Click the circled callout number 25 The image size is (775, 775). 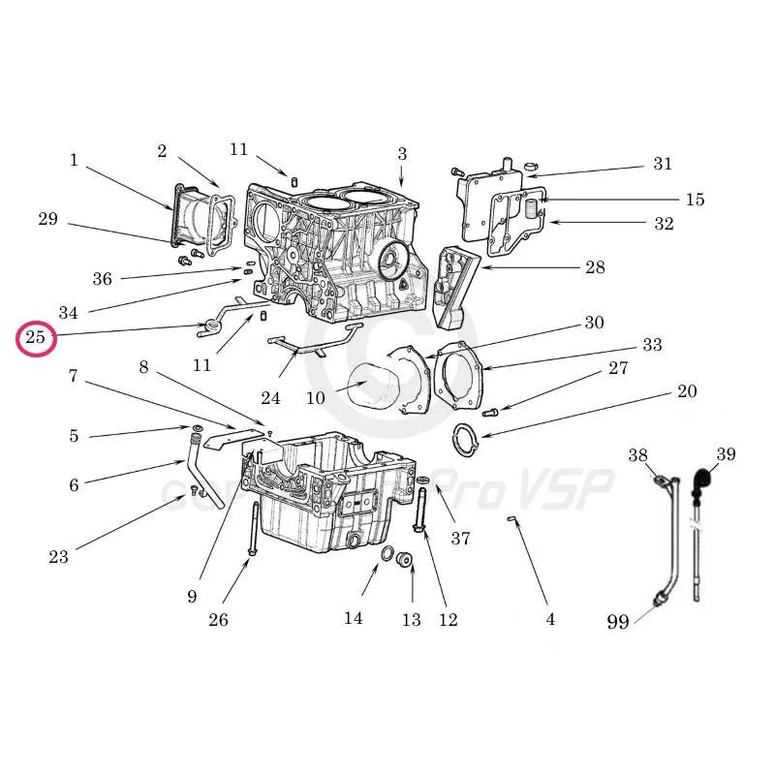tap(36, 338)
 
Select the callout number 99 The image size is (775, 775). tap(617, 622)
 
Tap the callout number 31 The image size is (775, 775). tap(662, 164)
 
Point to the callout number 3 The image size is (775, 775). tap(402, 153)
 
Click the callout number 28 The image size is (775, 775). tap(595, 267)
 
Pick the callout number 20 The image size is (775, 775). tap(686, 391)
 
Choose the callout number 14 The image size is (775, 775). tap(353, 617)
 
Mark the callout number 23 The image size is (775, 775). tap(59, 556)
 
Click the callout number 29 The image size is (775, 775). tap(47, 219)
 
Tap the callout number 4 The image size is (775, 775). tap(550, 619)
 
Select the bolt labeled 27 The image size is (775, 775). tap(490, 413)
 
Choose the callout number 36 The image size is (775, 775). tap(103, 279)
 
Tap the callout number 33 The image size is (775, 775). tap(652, 345)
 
